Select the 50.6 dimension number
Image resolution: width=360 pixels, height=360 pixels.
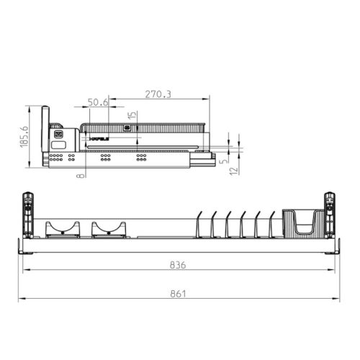pos(98,102)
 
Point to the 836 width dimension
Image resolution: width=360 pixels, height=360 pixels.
pos(179,265)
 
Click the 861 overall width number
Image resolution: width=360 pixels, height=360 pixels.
pos(179,293)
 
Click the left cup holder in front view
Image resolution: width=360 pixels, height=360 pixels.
pos(62,229)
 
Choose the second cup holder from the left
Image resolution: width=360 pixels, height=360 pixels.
pos(108,229)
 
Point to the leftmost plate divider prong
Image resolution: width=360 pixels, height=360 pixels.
pos(200,223)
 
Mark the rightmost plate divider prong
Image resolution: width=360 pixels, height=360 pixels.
pos(272,223)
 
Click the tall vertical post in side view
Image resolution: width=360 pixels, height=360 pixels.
pos(45,137)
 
